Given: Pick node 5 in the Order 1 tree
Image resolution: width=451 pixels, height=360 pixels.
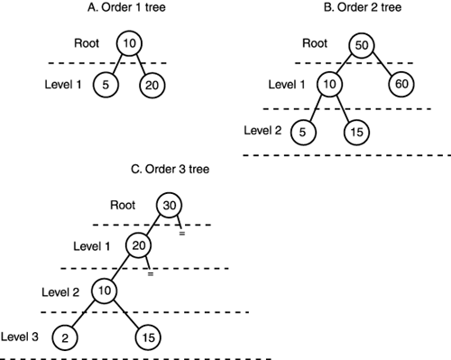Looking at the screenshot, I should pyautogui.click(x=106, y=86).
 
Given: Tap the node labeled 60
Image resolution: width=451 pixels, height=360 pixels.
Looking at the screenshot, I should pyautogui.click(x=400, y=86).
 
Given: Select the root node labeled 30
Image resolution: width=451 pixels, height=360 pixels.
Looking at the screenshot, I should pyautogui.click(x=170, y=205).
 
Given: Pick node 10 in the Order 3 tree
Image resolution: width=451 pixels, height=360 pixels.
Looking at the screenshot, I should pyautogui.click(x=105, y=291).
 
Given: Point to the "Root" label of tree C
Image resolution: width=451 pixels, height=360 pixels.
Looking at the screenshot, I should pyautogui.click(x=123, y=205).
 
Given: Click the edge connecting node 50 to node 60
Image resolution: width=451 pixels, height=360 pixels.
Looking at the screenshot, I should pyautogui.click(x=382, y=66).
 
